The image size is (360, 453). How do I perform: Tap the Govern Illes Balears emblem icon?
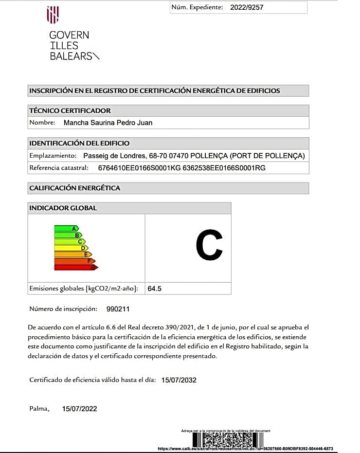click(53, 15)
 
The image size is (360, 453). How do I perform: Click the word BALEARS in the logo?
click(71, 56)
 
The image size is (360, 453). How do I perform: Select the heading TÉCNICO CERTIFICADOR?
click(70, 110)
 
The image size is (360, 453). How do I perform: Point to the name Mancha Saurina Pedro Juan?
click(108, 123)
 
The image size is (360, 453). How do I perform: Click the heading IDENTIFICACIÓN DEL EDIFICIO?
click(79, 143)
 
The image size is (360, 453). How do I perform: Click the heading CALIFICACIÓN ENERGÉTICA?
click(74, 188)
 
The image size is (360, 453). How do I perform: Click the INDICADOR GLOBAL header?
click(63, 208)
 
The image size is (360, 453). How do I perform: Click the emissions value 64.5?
click(155, 289)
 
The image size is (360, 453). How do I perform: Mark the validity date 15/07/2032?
click(179, 380)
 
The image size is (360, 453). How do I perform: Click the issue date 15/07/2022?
click(80, 409)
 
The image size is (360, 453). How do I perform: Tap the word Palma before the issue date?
click(39, 409)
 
